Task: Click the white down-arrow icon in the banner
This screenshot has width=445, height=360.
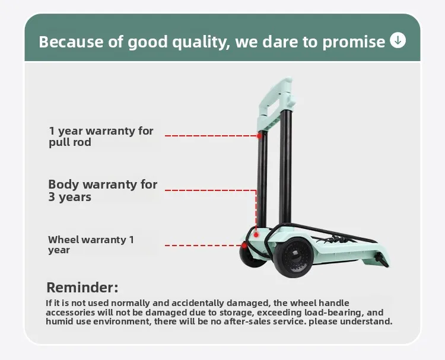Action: coord(398,40)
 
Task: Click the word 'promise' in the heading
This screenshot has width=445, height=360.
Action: coord(354,42)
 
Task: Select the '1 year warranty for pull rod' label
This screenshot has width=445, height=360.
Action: coord(101,136)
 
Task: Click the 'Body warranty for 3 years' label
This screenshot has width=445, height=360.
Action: coord(103,190)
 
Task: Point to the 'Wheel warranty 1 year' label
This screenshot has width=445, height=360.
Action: coord(91,245)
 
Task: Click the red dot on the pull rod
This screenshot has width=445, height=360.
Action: coord(259,136)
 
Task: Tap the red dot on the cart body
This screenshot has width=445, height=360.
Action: coord(256,235)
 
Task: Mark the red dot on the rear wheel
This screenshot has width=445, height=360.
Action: coord(244,246)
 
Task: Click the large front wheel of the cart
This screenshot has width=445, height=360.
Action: coord(294,257)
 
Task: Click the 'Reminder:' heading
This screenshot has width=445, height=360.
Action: coord(82,288)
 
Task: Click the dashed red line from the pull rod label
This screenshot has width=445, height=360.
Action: coord(211,136)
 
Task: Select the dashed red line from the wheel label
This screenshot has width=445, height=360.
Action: coord(203,246)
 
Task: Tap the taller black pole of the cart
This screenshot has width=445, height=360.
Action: coord(285,167)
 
